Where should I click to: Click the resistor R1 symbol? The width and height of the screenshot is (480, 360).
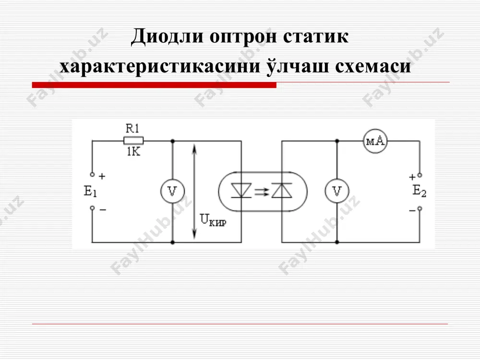[133, 141]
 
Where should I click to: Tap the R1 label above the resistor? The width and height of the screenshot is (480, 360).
[132, 129]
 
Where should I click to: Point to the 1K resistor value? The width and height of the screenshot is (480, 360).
[133, 152]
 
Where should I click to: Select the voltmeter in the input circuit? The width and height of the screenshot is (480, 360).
[172, 192]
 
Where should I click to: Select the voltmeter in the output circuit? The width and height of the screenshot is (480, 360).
[337, 192]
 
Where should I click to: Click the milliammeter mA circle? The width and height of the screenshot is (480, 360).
[375, 141]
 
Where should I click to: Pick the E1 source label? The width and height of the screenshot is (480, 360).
[90, 192]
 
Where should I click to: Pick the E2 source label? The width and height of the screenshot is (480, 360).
[419, 191]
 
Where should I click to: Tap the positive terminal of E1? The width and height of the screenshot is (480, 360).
[92, 175]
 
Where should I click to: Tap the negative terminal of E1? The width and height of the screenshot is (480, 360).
[92, 208]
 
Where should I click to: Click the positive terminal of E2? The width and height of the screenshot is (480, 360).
[420, 175]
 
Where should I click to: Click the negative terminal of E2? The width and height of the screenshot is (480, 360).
[420, 209]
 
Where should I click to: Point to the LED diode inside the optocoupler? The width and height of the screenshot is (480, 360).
[241, 191]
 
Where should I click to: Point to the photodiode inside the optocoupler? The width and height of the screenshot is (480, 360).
[282, 191]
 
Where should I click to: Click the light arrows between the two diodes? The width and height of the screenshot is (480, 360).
[262, 192]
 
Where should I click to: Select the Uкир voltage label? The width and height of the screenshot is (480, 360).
[213, 220]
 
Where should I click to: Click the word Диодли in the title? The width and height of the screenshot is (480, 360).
[167, 36]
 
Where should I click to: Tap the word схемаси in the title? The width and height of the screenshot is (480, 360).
[373, 66]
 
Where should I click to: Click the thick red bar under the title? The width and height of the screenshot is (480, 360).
[154, 85]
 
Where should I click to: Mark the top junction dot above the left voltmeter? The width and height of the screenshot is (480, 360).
[172, 141]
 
